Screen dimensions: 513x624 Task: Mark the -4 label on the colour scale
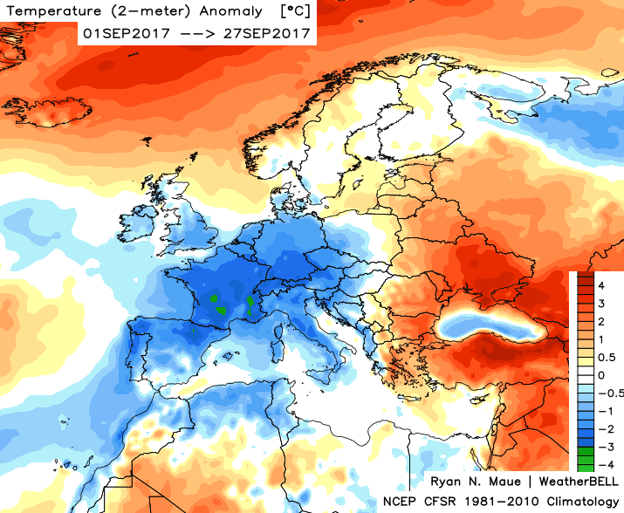[602, 463]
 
